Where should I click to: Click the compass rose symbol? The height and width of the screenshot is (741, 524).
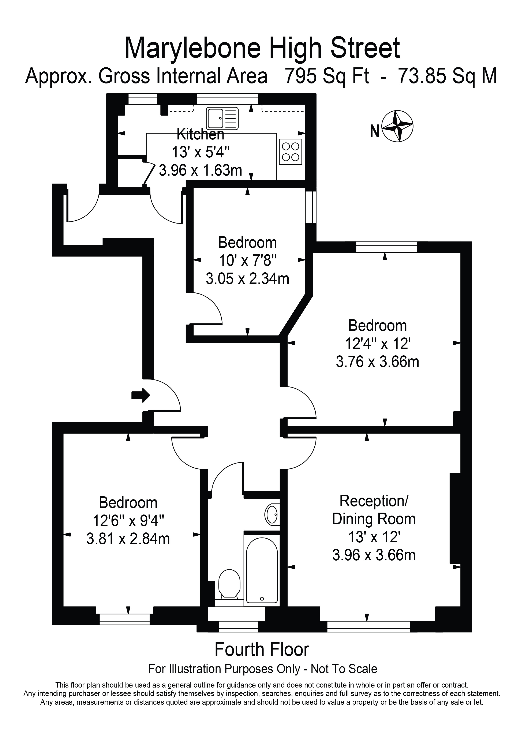click(x=397, y=126)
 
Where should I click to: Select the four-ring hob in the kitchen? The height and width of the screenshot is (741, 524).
click(x=290, y=152)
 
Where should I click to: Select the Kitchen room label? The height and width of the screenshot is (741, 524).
click(x=200, y=134)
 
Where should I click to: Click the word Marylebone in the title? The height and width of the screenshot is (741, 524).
click(x=192, y=48)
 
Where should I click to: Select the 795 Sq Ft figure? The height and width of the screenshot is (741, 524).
click(x=326, y=76)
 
